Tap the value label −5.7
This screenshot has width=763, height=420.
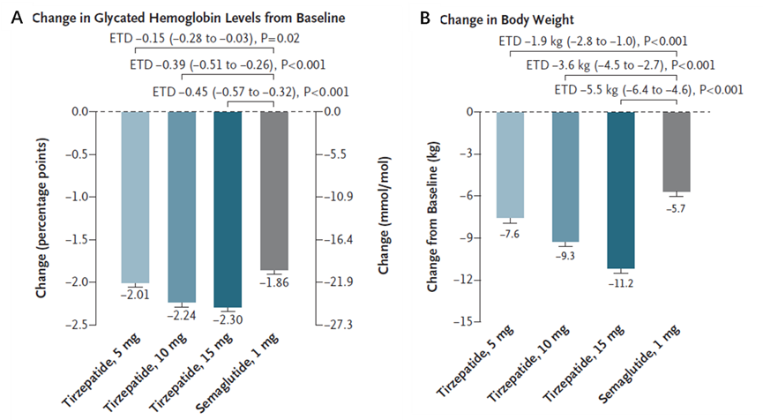tap(677, 206)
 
